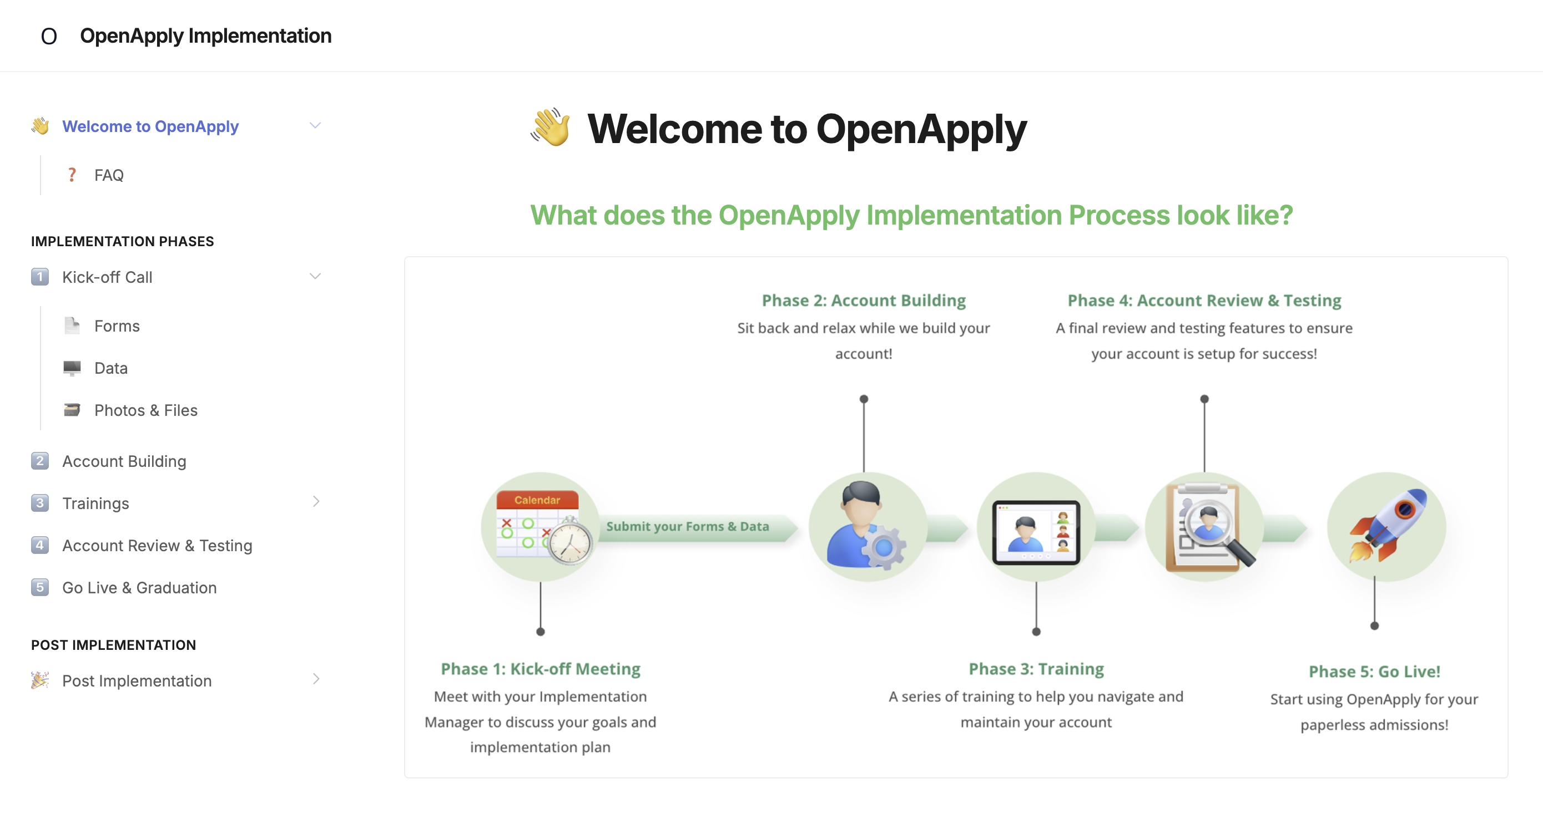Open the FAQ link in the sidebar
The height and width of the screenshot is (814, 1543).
point(108,175)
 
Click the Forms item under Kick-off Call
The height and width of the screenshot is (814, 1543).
point(117,325)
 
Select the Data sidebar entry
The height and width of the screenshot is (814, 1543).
point(111,368)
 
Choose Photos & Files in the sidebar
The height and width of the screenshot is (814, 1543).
point(145,410)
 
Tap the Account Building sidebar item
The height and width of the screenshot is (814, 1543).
point(124,461)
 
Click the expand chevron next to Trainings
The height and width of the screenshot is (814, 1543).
point(316,502)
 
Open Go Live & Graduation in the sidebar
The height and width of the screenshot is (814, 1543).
point(139,588)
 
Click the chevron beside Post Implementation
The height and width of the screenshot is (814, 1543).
point(316,679)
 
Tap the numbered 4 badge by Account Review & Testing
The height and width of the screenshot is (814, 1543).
point(39,545)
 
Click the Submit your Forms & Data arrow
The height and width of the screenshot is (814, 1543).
point(698,527)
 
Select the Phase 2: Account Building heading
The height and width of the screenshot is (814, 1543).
point(864,300)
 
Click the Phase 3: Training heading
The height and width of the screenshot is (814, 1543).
point(1036,669)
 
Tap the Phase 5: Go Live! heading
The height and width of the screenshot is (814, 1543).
point(1374,671)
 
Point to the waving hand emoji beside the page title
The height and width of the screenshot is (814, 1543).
point(551,127)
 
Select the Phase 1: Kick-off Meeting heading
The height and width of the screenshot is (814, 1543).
point(540,669)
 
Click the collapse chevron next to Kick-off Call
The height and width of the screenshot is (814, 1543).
point(315,277)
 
